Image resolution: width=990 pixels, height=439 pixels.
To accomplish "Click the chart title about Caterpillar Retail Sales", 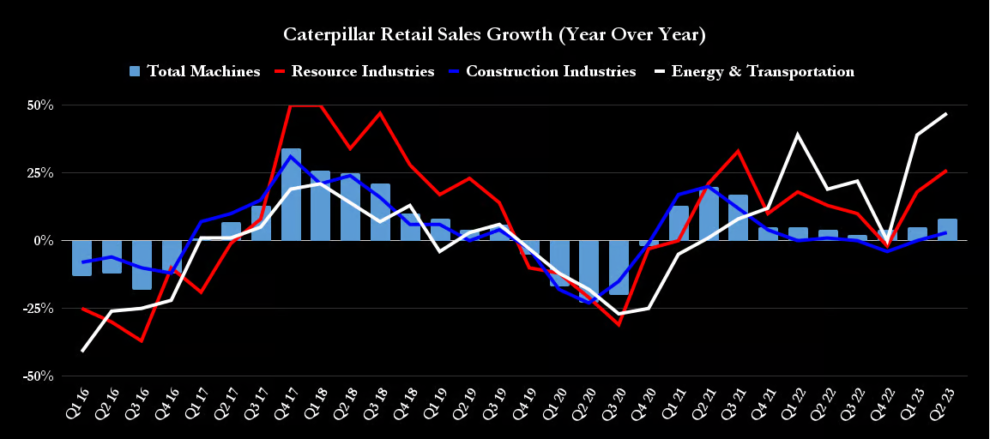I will pyautogui.click(x=494, y=35).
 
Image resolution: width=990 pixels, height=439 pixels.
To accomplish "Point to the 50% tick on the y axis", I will pyautogui.click(x=39, y=105).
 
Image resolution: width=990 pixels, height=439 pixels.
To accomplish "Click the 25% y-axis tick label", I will pyautogui.click(x=39, y=173).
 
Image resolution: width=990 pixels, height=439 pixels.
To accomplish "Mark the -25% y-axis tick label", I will pyautogui.click(x=38, y=309).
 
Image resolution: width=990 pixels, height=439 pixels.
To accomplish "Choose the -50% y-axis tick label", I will pyautogui.click(x=38, y=376).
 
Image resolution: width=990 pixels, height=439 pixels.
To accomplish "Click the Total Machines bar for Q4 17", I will pyautogui.click(x=291, y=195).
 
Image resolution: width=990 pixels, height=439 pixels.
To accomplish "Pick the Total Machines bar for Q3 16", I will pyautogui.click(x=142, y=265).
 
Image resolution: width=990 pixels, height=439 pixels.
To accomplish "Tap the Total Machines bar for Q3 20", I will pyautogui.click(x=619, y=268).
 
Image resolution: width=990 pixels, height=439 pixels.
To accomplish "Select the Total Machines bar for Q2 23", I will pyautogui.click(x=947, y=230).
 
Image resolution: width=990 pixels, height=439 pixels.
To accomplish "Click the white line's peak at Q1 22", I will pyautogui.click(x=798, y=135).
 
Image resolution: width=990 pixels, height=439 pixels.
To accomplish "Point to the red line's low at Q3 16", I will pyautogui.click(x=142, y=341).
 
